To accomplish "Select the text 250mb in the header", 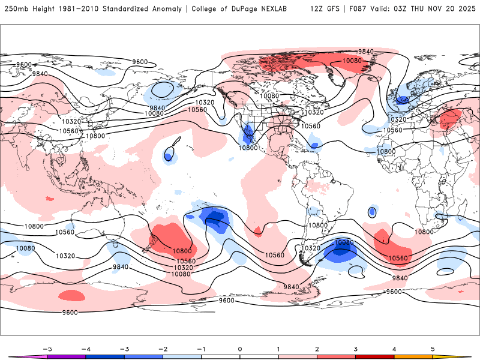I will pos(15,9).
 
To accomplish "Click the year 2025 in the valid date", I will pos(465,9).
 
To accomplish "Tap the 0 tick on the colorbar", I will pos(240,349).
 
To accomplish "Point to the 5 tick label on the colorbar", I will pos(433,349).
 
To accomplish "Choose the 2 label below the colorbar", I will pos(317,349).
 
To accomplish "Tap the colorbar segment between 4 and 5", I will pos(413,357).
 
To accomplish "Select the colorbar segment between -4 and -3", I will pos(105,357).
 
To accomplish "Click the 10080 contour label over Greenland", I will pos(352,61).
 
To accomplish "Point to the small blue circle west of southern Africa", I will pos(372,212).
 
